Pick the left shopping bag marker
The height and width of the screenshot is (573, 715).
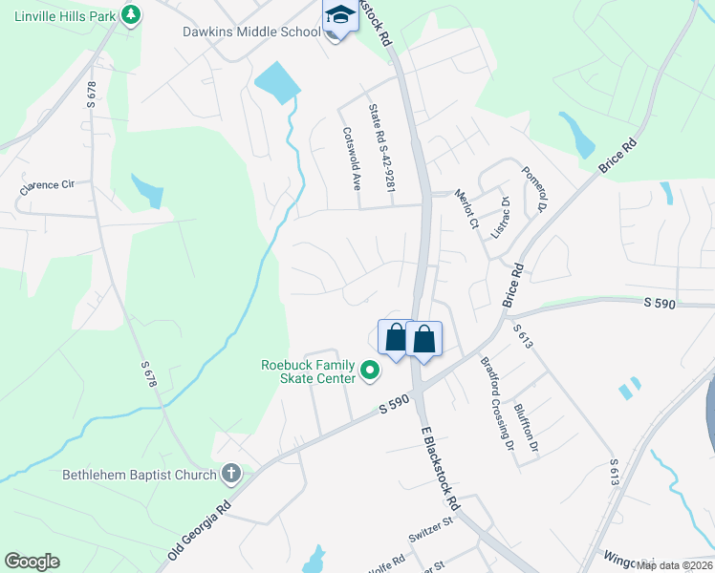click(x=396, y=339)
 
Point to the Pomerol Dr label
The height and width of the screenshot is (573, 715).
click(x=533, y=188)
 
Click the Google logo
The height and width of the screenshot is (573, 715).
click(x=32, y=562)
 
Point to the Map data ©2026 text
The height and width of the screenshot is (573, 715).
click(x=674, y=565)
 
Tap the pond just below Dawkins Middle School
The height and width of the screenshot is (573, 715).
click(x=276, y=81)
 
